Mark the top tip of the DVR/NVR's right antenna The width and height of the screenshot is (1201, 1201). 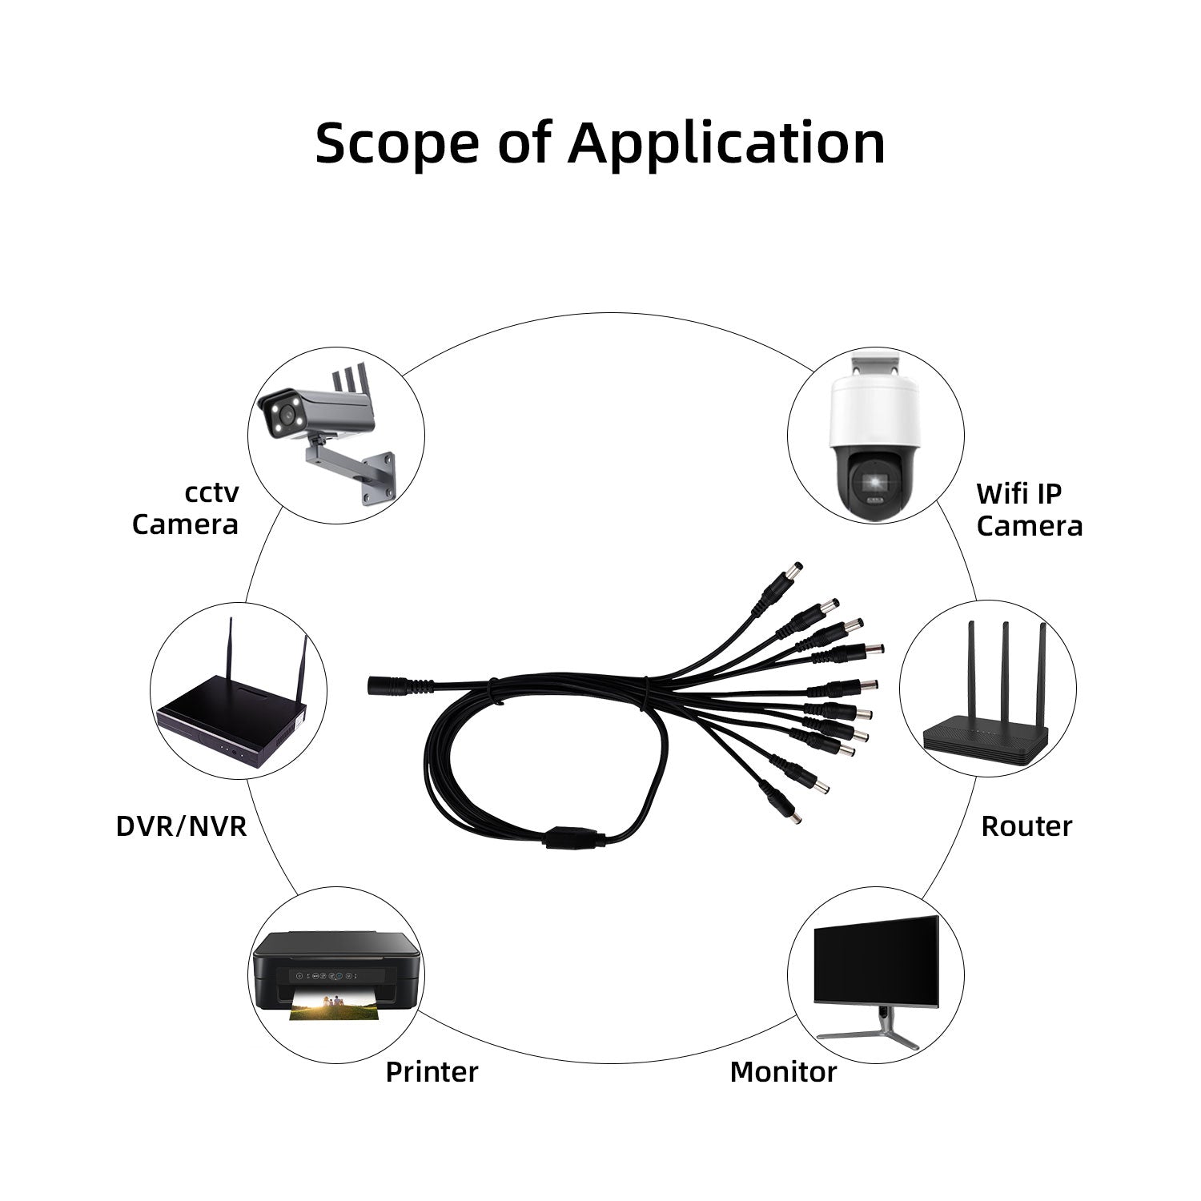[x=305, y=637]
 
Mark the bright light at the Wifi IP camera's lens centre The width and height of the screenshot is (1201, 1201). [x=874, y=480]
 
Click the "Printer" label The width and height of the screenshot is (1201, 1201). [x=432, y=1071]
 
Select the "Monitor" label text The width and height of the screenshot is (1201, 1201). [x=783, y=1071]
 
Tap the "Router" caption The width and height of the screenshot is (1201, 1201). [x=1026, y=825]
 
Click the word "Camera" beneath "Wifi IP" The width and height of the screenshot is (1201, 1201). [x=1030, y=525]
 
